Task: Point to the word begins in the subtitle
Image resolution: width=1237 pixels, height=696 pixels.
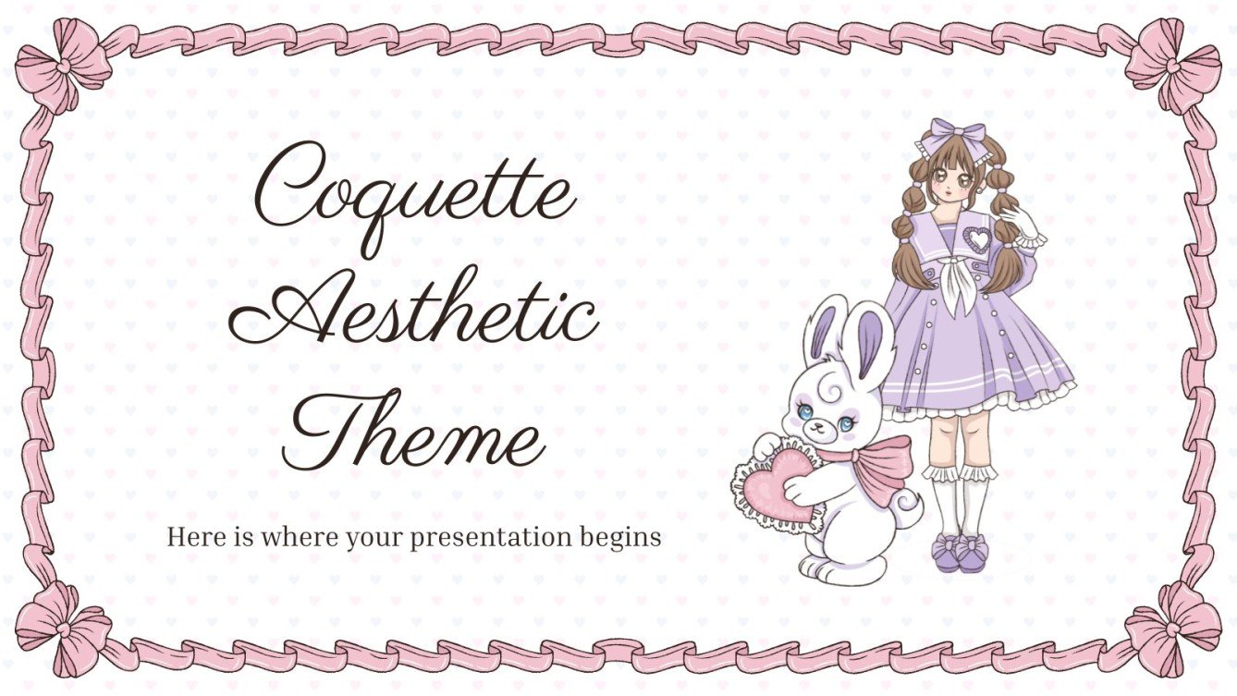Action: click(626, 538)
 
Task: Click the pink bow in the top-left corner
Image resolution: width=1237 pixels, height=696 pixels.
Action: click(63, 65)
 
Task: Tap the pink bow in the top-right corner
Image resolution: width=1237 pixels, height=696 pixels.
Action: click(1172, 65)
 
